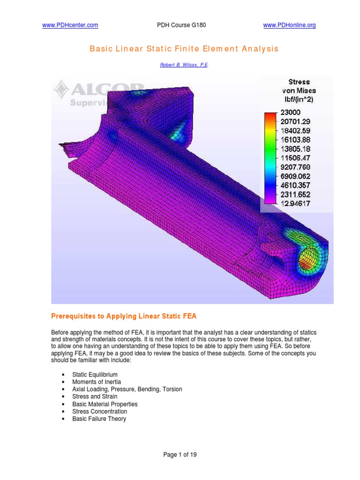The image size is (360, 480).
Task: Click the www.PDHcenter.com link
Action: pyautogui.click(x=70, y=26)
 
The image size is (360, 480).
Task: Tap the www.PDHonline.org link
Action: pyautogui.click(x=290, y=26)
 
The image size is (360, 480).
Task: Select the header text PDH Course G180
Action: pyautogui.click(x=180, y=26)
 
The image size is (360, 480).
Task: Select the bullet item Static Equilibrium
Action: pyautogui.click(x=95, y=375)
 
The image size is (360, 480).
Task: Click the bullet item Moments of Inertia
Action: pyautogui.click(x=96, y=382)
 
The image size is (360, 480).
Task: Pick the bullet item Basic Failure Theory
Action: pyautogui.click(x=99, y=419)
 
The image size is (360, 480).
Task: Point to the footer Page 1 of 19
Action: pyautogui.click(x=180, y=454)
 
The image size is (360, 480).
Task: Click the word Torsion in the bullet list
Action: pyautogui.click(x=172, y=390)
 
